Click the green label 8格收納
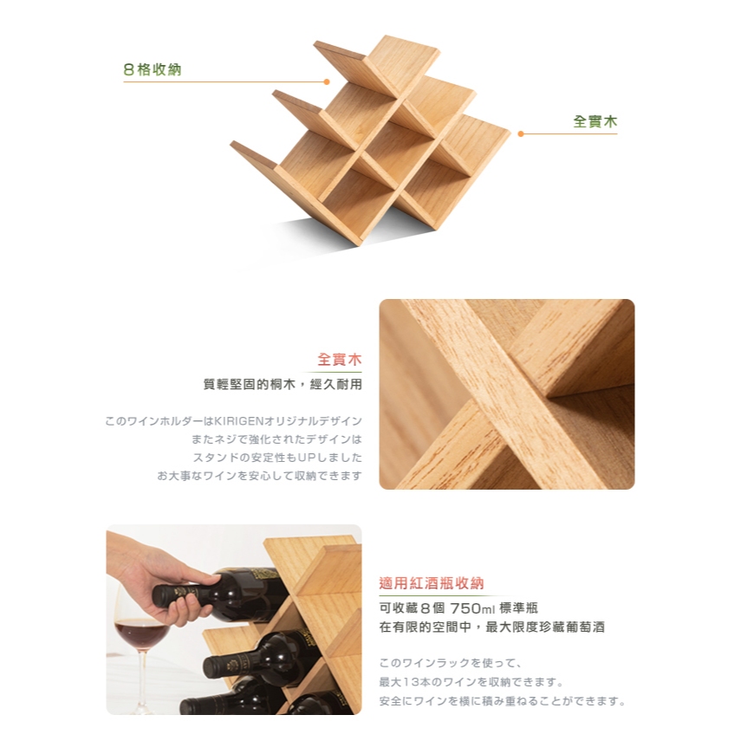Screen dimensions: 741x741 [153, 69]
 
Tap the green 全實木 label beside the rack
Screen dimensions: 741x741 [595, 121]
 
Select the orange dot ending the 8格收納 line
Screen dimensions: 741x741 [327, 81]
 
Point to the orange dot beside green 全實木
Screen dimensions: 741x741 [521, 133]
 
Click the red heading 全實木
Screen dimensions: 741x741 [340, 359]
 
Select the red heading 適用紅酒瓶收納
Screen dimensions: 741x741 [432, 583]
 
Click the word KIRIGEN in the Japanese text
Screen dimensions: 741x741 [238, 421]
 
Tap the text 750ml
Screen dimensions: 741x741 [472, 608]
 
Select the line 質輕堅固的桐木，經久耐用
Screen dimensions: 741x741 [283, 384]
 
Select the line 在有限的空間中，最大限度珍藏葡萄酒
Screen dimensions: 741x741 [492, 627]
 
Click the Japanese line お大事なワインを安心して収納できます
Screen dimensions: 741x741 [259, 476]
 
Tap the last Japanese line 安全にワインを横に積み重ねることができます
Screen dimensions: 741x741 [503, 701]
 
